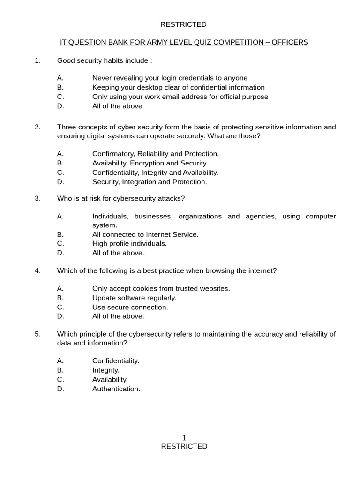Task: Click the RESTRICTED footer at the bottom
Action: click(x=184, y=446)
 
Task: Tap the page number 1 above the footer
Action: click(x=184, y=437)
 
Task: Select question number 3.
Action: click(x=38, y=198)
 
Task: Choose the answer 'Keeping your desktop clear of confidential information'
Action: click(x=178, y=87)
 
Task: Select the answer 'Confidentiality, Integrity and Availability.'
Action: click(x=155, y=172)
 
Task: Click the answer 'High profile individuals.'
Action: click(x=129, y=244)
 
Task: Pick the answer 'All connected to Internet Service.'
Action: click(x=145, y=234)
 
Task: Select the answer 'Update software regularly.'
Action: click(x=134, y=298)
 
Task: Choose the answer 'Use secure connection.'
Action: click(x=130, y=307)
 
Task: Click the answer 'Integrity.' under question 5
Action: click(x=106, y=370)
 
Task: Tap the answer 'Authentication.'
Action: click(x=116, y=389)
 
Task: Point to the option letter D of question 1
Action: click(x=60, y=106)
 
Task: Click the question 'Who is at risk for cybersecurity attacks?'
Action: click(x=121, y=198)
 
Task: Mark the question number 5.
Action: click(x=38, y=334)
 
